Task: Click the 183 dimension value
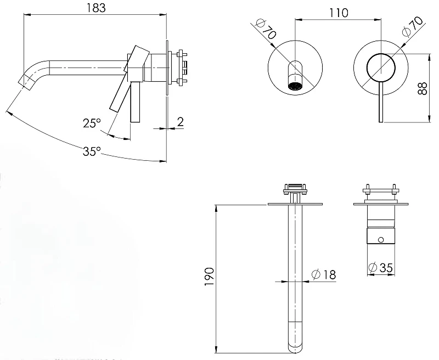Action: point(96,8)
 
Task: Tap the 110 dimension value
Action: point(339,13)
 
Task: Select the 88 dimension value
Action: point(423,88)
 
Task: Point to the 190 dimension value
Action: point(210,277)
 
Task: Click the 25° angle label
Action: point(92,123)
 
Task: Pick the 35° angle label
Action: point(92,151)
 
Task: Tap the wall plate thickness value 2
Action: point(181,122)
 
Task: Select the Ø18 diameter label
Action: point(324,274)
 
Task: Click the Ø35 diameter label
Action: point(381,268)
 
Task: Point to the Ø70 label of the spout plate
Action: point(266,29)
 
